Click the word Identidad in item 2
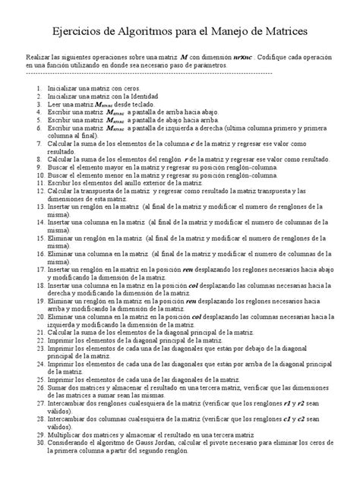point(141,97)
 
